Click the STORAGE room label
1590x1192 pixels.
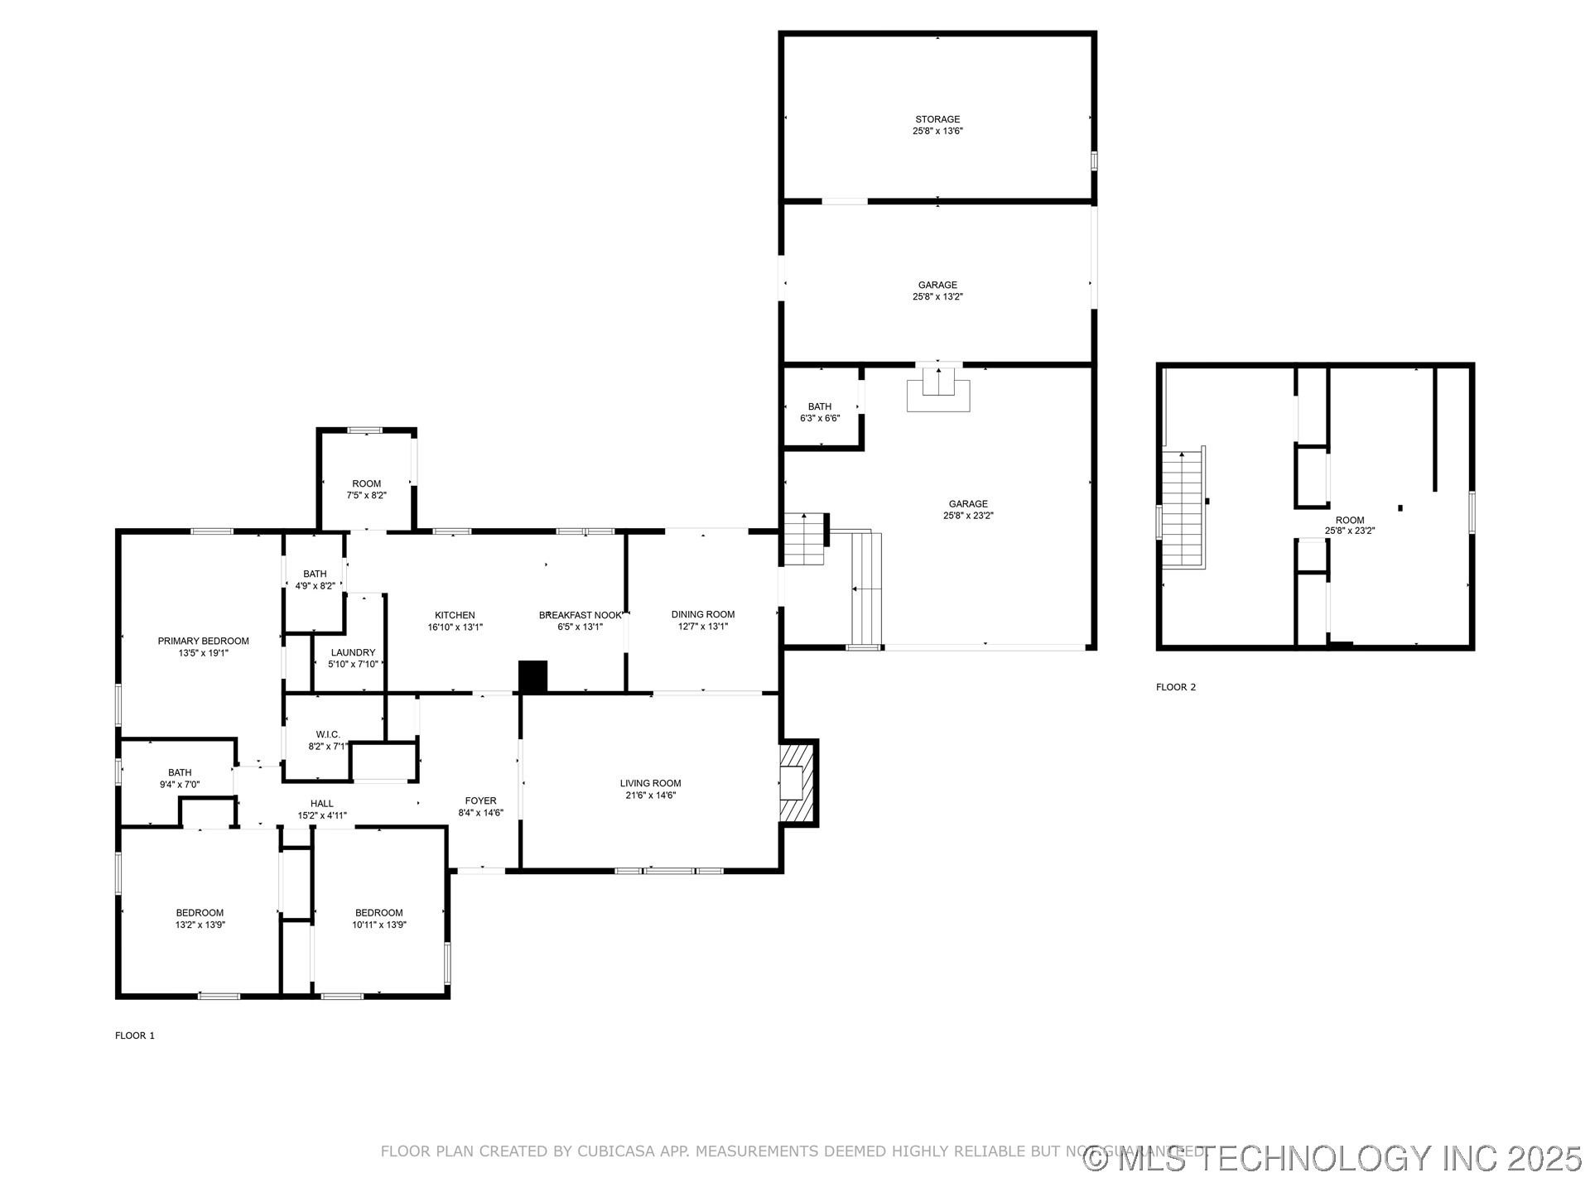point(937,119)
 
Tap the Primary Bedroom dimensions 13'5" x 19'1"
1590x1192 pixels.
point(203,653)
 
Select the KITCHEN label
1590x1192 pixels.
point(455,615)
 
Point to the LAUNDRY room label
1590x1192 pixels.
point(353,652)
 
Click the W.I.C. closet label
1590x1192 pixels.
point(328,734)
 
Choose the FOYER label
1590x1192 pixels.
point(480,800)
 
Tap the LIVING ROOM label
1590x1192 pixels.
point(650,783)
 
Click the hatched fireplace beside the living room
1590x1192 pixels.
point(798,782)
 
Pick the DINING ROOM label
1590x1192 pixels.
point(702,614)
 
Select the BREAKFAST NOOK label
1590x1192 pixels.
point(580,615)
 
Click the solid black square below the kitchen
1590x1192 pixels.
point(533,676)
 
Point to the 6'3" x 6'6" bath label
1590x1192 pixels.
point(819,412)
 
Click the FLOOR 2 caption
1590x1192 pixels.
point(1176,687)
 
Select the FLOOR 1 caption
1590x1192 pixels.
point(135,1036)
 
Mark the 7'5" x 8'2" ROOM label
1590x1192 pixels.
point(366,489)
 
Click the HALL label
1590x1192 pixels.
point(322,803)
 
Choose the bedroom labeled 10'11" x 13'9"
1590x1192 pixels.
point(378,919)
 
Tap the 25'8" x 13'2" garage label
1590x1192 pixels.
point(937,291)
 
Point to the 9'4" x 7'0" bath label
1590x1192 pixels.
point(180,778)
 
